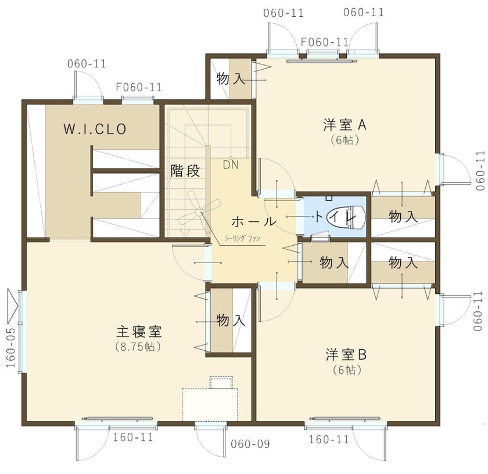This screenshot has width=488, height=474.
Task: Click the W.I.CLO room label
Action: pyautogui.click(x=95, y=129)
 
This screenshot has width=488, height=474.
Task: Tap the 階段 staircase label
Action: pyautogui.click(x=185, y=171)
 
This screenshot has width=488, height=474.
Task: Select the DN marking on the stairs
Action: pyautogui.click(x=231, y=164)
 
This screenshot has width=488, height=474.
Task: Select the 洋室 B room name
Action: pyautogui.click(x=347, y=354)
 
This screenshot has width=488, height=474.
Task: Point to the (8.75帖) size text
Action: pyautogui.click(x=138, y=347)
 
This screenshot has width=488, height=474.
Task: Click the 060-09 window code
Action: pyautogui.click(x=250, y=445)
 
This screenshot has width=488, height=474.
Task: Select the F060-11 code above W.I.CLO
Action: pyautogui.click(x=138, y=87)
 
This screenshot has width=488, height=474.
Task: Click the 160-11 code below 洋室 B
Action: pyautogui.click(x=329, y=439)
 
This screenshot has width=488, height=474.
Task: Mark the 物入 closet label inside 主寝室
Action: pyautogui.click(x=231, y=319)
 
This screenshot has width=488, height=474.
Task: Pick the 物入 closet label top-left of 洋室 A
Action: pyautogui.click(x=231, y=78)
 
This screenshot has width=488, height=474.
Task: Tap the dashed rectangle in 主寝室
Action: pyautogui.click(x=210, y=404)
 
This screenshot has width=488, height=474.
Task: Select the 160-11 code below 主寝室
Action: pyautogui.click(x=133, y=437)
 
